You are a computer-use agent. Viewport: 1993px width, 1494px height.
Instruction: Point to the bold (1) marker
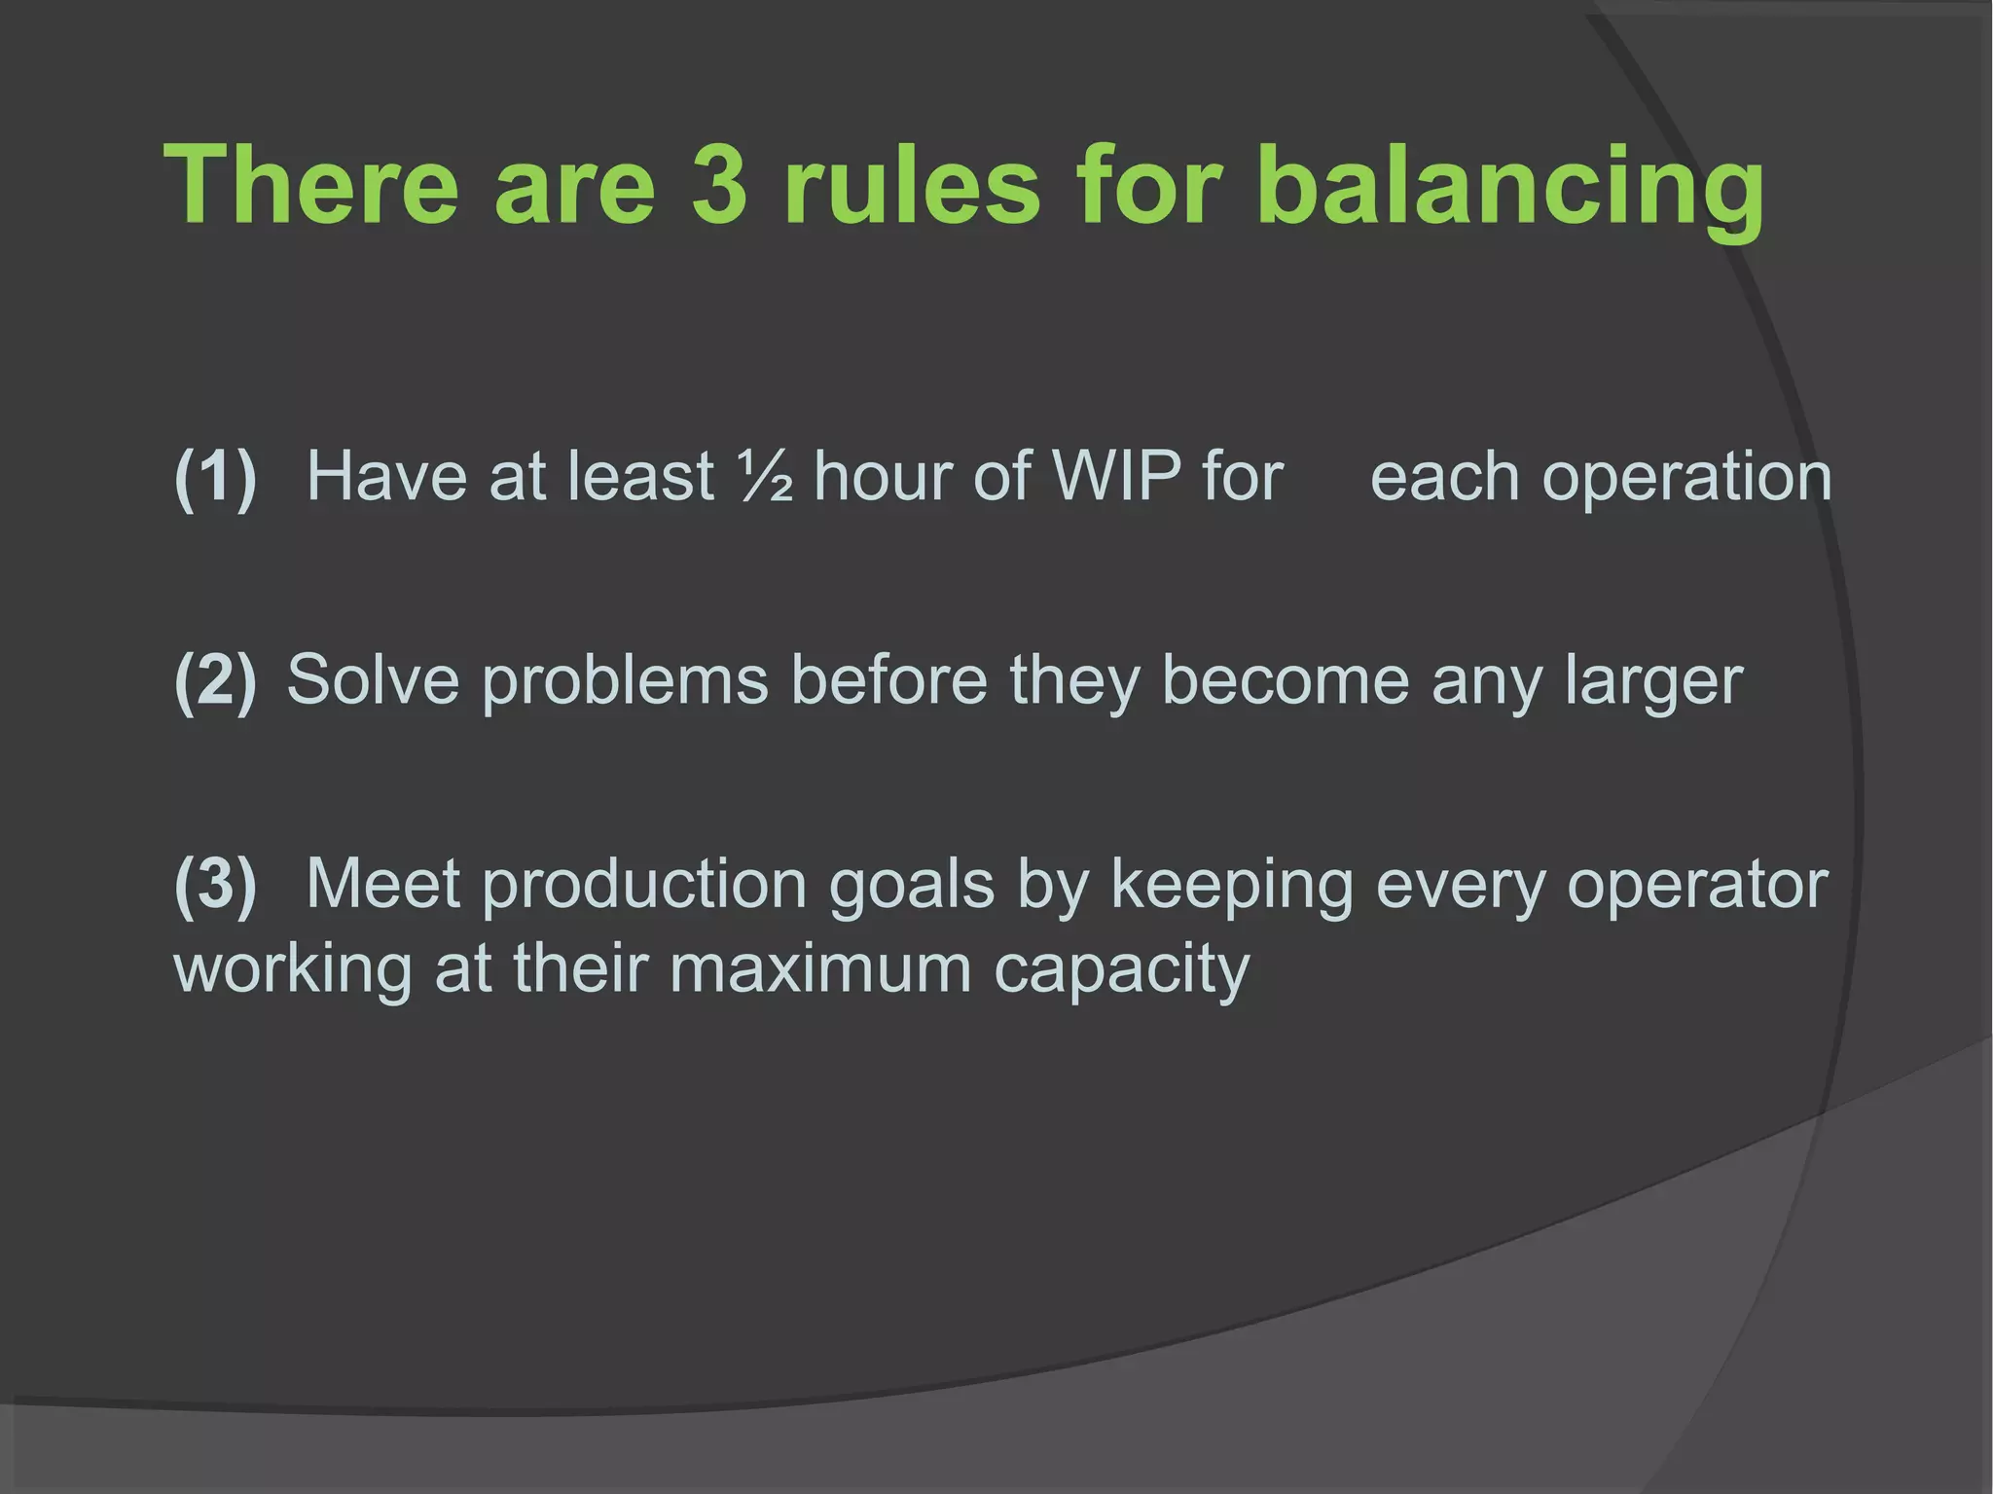tap(215, 477)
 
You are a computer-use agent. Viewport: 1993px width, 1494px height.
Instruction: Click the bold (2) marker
tap(215, 679)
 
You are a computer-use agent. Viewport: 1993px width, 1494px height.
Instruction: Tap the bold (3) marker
tap(215, 884)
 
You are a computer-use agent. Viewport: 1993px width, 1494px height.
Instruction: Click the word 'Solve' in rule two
tap(373, 679)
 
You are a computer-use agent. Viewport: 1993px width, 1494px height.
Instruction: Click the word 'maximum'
tap(819, 969)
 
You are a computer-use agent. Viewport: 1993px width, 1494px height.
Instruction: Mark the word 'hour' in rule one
tap(882, 477)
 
